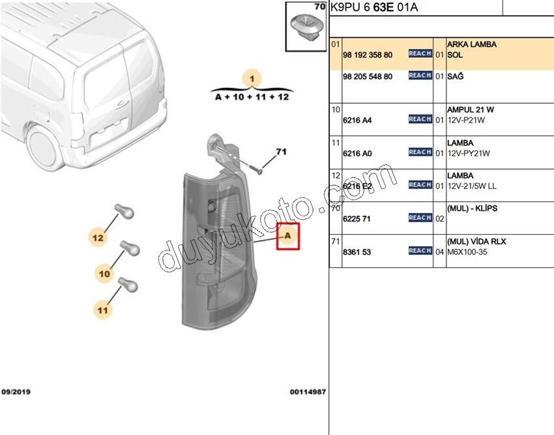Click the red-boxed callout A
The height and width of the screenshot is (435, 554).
(x=288, y=236)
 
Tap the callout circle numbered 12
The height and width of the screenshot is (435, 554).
(x=98, y=237)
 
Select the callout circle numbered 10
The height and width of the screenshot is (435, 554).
(x=104, y=273)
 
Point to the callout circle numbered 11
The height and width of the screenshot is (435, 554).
(x=103, y=310)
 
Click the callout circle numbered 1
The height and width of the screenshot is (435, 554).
(x=252, y=78)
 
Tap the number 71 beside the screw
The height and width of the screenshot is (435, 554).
(x=282, y=152)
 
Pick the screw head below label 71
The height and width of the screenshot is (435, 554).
(x=259, y=172)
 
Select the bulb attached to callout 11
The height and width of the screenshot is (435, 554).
(x=128, y=285)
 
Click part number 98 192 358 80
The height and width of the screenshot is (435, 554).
(x=368, y=55)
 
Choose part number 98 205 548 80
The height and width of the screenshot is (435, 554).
(x=368, y=76)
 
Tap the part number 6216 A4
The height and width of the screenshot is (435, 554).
(x=357, y=120)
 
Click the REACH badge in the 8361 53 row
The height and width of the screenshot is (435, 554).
(x=420, y=250)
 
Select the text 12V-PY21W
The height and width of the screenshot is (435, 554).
(x=469, y=153)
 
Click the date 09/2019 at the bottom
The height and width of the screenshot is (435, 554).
(x=16, y=392)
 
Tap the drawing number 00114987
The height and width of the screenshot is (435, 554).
(x=308, y=392)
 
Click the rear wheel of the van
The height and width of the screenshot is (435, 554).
(x=43, y=147)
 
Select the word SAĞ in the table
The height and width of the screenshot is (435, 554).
(x=456, y=76)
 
